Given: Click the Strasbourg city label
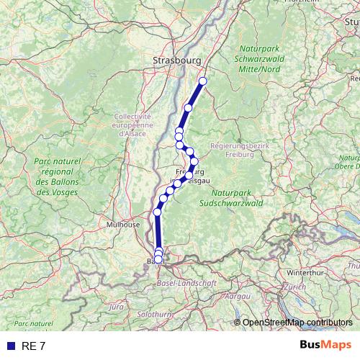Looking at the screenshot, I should coord(176,60).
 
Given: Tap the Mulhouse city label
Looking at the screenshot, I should coord(123,225).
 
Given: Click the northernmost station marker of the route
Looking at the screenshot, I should coord(202,81).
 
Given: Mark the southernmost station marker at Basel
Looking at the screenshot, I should coord(158,259).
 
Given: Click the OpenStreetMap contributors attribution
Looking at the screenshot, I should coord(297,323).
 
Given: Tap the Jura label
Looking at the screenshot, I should coord(115,307).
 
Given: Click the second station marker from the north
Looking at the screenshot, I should coord(188,108).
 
